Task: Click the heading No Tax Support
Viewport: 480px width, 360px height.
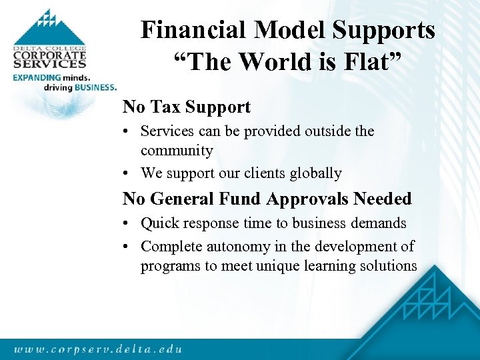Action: click(187, 107)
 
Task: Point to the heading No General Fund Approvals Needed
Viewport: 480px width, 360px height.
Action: click(267, 199)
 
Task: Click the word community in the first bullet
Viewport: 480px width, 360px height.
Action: click(177, 151)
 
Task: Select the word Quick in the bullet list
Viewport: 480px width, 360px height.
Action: click(161, 223)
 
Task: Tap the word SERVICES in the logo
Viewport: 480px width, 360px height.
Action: click(49, 65)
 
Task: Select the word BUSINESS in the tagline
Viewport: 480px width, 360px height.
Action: click(95, 87)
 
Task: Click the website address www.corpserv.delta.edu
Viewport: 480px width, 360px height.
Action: click(97, 347)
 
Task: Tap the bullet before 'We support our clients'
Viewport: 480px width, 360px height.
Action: click(127, 174)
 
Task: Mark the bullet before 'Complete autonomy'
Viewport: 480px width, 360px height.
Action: click(127, 247)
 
